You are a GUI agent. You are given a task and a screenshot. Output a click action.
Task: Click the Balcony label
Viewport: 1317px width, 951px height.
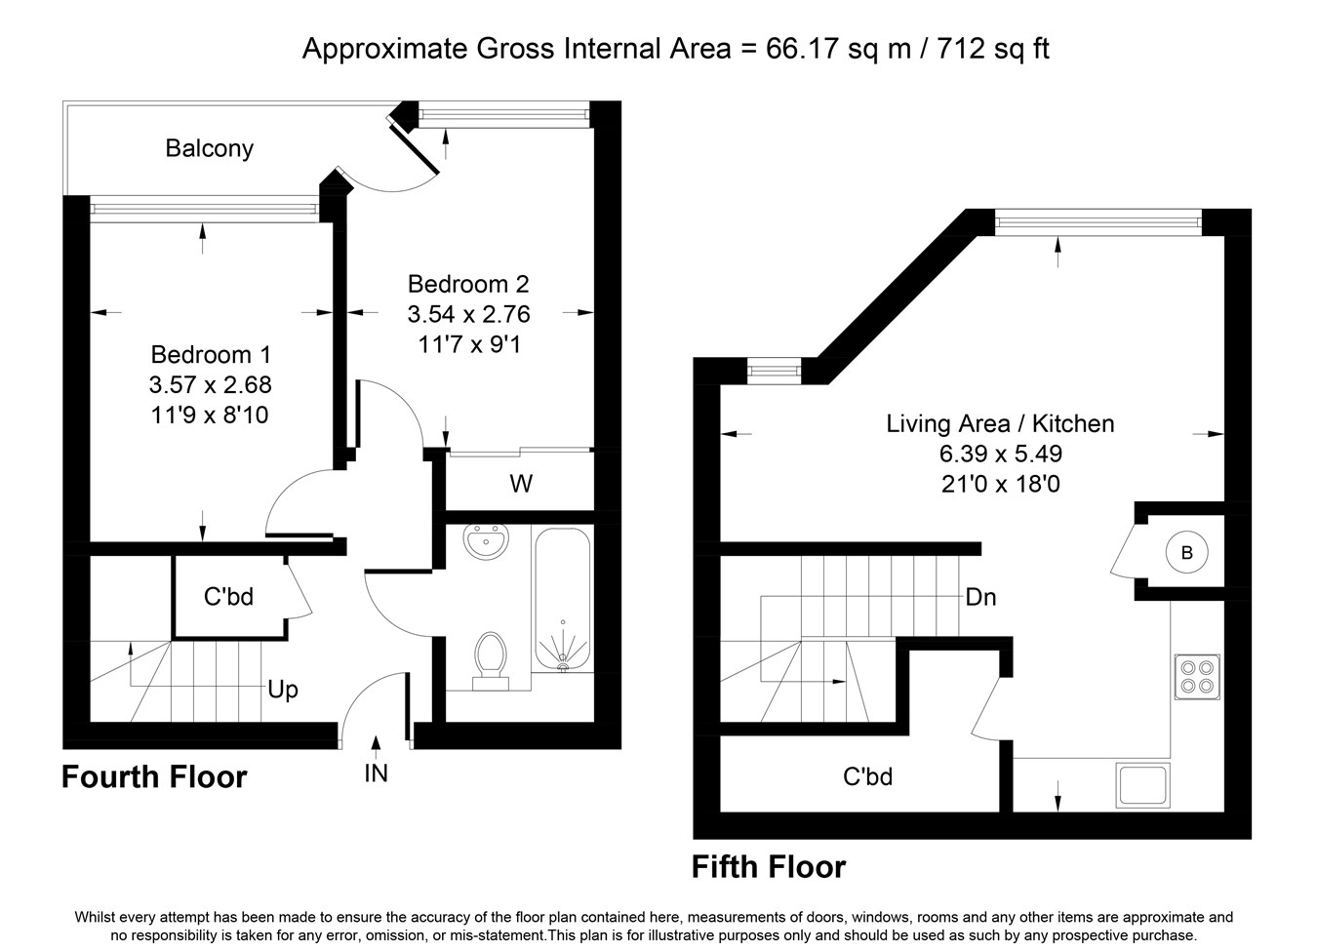(210, 148)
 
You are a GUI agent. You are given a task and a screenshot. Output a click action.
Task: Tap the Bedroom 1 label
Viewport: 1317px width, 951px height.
(211, 354)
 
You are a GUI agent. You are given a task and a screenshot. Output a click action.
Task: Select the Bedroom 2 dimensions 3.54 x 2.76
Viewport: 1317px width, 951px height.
(468, 314)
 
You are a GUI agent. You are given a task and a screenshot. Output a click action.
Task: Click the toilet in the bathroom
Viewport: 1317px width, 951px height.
(491, 660)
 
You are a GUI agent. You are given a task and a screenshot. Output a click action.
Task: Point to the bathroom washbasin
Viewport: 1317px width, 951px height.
(486, 540)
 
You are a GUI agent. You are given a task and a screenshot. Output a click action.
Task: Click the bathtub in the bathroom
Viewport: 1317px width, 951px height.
(562, 600)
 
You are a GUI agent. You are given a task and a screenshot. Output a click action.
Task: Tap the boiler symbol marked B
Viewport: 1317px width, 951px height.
(1186, 552)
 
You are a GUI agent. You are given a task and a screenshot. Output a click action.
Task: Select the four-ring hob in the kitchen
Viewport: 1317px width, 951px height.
(1197, 677)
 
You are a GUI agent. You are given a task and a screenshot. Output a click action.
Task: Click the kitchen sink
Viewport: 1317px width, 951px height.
(1142, 785)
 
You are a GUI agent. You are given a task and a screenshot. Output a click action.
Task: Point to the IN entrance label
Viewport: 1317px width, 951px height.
(376, 773)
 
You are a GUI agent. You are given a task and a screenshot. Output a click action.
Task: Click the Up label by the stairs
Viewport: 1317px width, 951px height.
(283, 690)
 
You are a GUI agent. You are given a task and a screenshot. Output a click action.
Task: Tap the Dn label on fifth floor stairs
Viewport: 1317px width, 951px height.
(980, 598)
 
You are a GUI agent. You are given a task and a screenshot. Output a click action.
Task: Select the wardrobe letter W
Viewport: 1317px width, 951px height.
(521, 484)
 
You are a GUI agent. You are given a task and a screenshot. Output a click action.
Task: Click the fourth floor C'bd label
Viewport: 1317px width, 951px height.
(228, 597)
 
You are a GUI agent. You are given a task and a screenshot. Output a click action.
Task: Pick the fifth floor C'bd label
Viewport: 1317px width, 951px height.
(867, 777)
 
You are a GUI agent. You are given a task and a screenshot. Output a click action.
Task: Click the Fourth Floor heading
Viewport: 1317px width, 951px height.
(154, 777)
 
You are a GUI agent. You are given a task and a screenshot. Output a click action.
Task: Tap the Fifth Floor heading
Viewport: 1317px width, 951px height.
(769, 867)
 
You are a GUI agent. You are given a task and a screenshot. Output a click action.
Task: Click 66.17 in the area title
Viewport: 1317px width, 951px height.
(801, 49)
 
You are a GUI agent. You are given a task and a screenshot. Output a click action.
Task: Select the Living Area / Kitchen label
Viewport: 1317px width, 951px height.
(1000, 423)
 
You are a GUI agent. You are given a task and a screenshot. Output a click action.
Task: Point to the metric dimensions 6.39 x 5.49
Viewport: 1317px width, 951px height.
(1000, 454)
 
